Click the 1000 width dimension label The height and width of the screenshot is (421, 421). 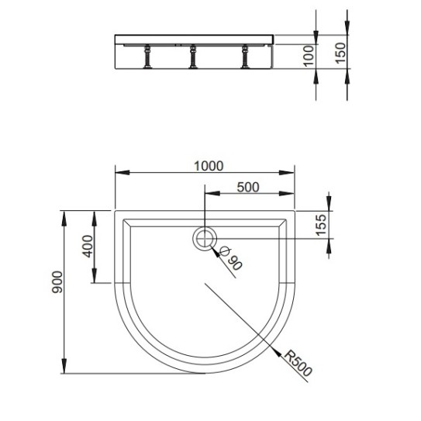click(209, 166)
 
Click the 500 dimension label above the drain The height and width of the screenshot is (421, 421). click(248, 188)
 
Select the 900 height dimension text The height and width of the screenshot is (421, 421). click(57, 282)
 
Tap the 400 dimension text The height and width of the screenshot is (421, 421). click(88, 247)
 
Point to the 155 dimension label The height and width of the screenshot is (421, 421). click(322, 225)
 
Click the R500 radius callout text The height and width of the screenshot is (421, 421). click(298, 363)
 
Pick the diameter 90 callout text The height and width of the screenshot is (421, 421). click(231, 258)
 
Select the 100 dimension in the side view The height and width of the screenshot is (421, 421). click(309, 56)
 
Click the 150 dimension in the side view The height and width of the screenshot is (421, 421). click(340, 53)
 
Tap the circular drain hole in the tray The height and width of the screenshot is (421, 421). click(205, 239)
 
